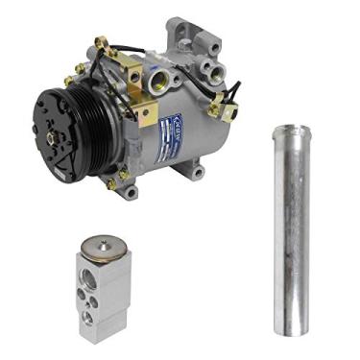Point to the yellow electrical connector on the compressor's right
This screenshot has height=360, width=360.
coord(228,110)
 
